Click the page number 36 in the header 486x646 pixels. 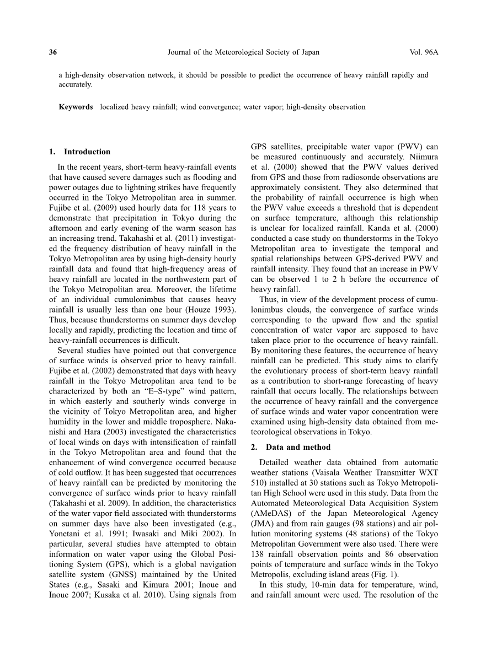[53, 52]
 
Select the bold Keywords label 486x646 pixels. [76, 107]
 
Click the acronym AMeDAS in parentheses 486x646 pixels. [269, 514]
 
